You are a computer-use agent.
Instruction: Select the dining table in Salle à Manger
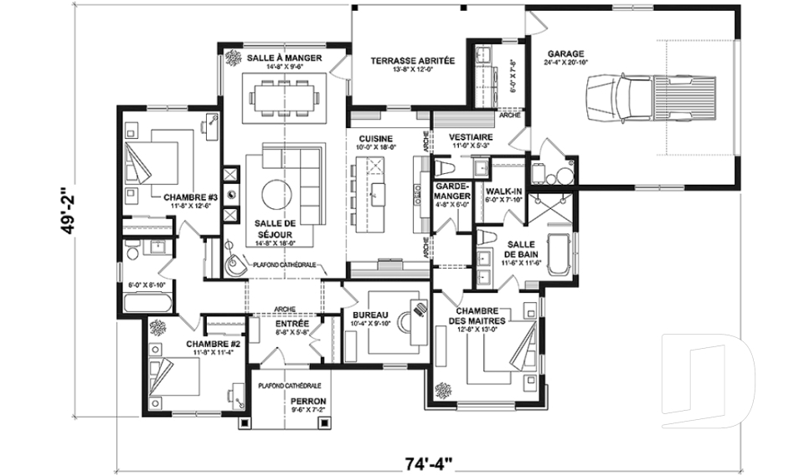pos(284,95)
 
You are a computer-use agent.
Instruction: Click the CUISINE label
pos(376,138)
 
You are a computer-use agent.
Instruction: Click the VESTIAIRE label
pos(470,136)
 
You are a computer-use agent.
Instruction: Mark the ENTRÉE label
pos(292,323)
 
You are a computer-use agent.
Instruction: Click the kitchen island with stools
pos(378,195)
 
